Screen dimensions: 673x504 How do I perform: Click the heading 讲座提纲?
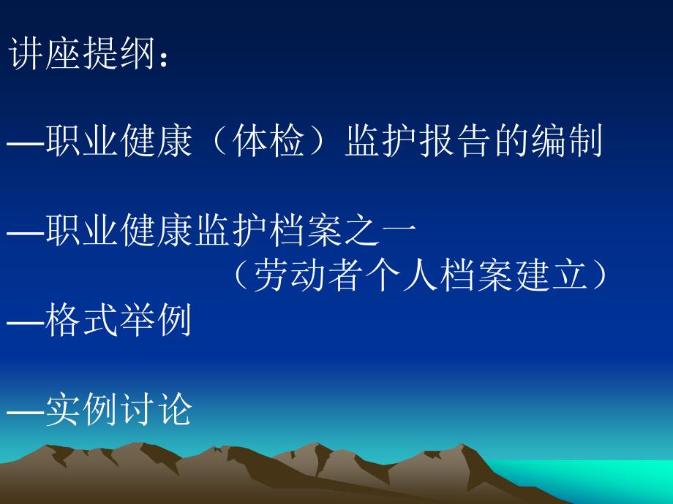(x=82, y=53)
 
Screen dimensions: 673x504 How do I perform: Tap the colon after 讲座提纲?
(x=163, y=58)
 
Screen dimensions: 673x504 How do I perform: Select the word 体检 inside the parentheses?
(x=268, y=140)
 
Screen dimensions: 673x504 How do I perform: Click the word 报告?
(x=455, y=140)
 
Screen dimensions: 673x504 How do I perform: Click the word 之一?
(x=380, y=231)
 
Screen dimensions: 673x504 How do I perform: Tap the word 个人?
(x=399, y=275)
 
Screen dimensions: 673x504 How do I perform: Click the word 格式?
(x=81, y=320)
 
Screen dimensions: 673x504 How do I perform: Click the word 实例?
(x=81, y=409)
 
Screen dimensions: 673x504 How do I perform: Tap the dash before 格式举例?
(x=26, y=322)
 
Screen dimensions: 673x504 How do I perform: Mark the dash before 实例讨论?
(x=26, y=412)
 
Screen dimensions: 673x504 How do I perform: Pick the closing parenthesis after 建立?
(x=598, y=275)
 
